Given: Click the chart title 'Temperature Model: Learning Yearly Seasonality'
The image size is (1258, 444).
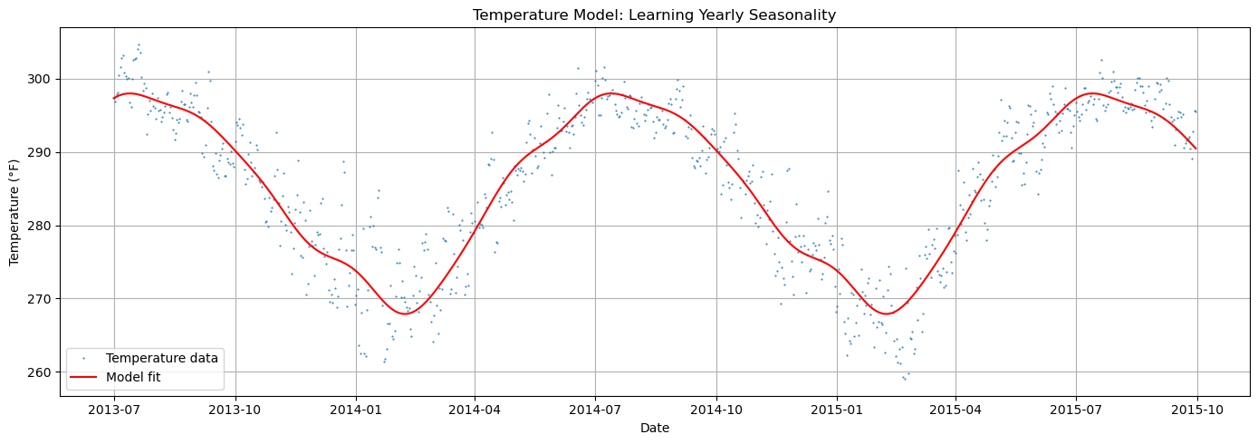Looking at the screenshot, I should [x=654, y=14].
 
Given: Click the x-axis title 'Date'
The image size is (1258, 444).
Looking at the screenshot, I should [x=654, y=428].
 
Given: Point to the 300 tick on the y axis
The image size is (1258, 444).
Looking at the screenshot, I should [x=43, y=80].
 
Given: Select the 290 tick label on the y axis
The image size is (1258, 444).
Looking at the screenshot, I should [x=43, y=152].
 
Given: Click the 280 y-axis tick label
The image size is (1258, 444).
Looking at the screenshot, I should [x=43, y=226].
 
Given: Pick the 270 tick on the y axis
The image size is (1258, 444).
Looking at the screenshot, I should [x=43, y=299].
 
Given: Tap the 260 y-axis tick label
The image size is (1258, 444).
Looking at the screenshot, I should [x=43, y=372].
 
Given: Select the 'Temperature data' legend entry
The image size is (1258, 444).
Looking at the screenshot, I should [x=161, y=358].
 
